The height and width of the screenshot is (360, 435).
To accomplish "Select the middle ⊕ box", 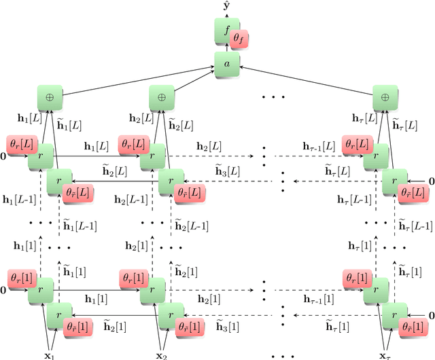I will tap(161, 97).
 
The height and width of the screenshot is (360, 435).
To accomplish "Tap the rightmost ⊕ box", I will tap(385, 97).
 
